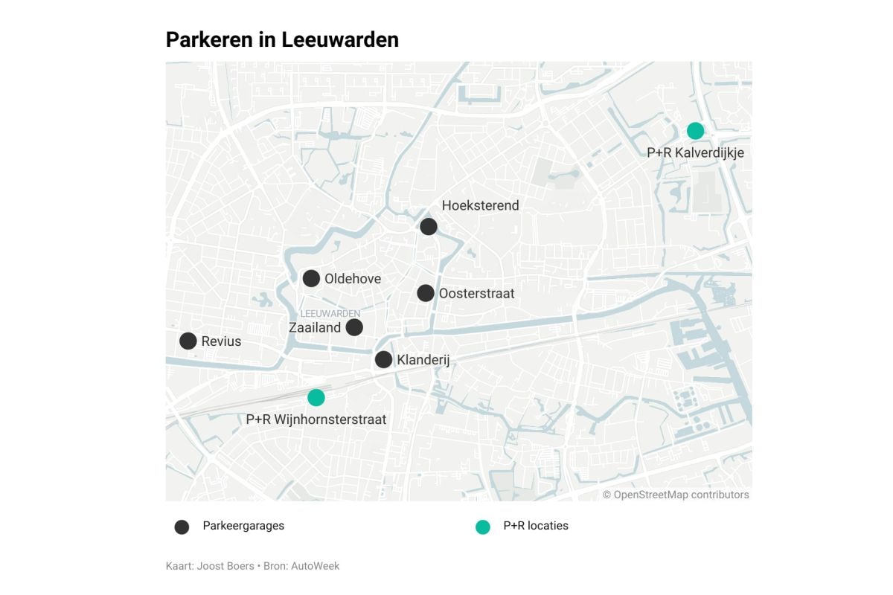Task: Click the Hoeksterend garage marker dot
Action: (x=428, y=227)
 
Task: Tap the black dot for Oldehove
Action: (x=311, y=278)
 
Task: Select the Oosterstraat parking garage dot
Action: (x=425, y=293)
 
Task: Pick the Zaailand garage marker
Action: (x=354, y=327)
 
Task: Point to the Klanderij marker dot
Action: (x=383, y=360)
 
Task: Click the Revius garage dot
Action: (x=188, y=341)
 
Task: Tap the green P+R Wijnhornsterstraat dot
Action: (x=316, y=397)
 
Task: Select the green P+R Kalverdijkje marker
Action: (x=695, y=131)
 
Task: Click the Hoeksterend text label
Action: (x=480, y=206)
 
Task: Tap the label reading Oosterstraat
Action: (x=476, y=294)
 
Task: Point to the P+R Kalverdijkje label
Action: (x=695, y=152)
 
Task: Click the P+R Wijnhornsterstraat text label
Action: (x=316, y=419)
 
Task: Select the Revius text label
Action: (x=221, y=341)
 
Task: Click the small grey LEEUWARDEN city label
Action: (x=330, y=313)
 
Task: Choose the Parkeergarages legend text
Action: (x=243, y=526)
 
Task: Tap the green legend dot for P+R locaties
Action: (x=483, y=527)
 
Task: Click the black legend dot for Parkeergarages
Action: (x=182, y=527)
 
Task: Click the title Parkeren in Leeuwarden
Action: (x=282, y=39)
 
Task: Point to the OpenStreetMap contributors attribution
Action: (x=676, y=495)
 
